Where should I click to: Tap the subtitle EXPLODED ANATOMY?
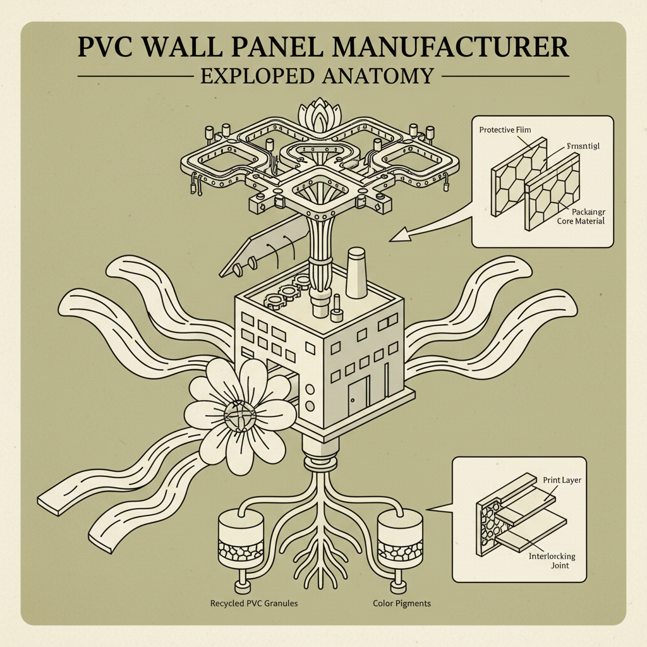[x=317, y=76]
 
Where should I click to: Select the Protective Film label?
[x=505, y=130]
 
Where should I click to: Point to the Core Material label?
[x=580, y=221]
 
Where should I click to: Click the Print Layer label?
[x=562, y=480]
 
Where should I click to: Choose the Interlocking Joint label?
[x=550, y=560]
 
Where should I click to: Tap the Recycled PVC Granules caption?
[x=253, y=603]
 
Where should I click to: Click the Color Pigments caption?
[x=401, y=603]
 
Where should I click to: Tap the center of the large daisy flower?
[x=239, y=414]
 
